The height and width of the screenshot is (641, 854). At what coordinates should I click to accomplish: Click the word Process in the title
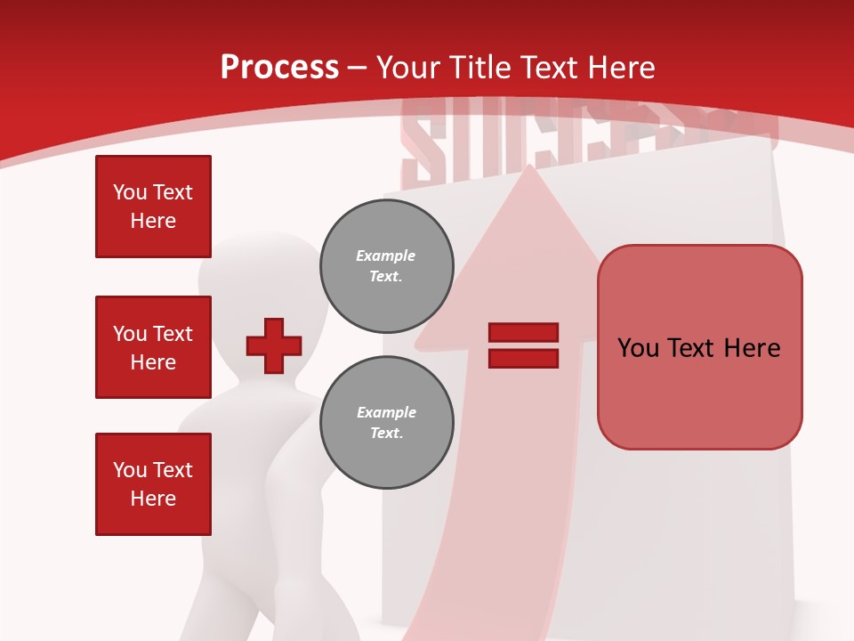tap(279, 68)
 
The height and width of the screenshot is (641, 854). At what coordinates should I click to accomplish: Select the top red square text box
tap(153, 207)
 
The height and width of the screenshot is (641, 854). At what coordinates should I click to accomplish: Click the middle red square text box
tap(153, 347)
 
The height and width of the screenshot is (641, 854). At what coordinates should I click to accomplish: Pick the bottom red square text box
tap(153, 484)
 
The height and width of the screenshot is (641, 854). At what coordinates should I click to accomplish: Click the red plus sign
tap(274, 345)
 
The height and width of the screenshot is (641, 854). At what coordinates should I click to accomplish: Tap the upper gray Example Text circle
tap(387, 266)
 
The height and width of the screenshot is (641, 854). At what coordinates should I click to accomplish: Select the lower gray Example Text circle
tap(387, 423)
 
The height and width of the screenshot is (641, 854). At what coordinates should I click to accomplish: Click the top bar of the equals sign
tap(523, 332)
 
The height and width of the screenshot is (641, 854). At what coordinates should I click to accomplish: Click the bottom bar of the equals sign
tap(523, 359)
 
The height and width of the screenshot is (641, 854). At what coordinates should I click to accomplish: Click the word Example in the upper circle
tap(386, 256)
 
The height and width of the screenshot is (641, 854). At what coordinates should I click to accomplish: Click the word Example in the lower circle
tap(386, 412)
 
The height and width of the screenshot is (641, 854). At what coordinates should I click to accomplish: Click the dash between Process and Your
tap(358, 69)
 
